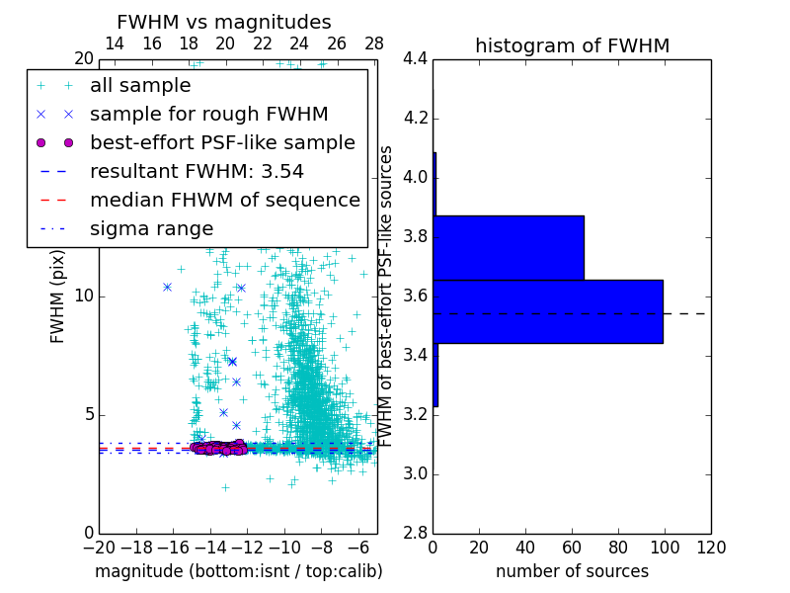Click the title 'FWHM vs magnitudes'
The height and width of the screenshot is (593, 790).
pos(223,22)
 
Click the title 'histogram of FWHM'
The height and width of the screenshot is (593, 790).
pos(572,45)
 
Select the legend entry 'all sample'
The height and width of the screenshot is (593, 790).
pos(140,86)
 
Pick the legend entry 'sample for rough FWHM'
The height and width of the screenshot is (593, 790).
pos(208,115)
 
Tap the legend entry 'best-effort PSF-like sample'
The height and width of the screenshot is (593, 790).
pos(222,143)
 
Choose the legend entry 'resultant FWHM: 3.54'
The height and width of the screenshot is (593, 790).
pos(197,172)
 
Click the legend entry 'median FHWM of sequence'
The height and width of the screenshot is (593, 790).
pos(224,201)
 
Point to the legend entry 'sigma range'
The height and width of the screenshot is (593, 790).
pos(151,229)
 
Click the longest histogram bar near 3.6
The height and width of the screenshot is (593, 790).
pos(548,311)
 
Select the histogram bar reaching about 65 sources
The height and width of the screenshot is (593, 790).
pos(509,247)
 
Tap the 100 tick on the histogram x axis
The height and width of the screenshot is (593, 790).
pos(665,548)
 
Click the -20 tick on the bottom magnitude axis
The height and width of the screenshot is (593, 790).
pos(99,548)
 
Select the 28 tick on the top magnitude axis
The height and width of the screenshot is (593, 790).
pos(374,43)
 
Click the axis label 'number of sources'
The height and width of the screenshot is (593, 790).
pos(572,571)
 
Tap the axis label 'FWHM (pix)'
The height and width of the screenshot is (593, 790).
pos(58,296)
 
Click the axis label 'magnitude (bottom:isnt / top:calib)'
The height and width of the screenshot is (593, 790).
pos(238,571)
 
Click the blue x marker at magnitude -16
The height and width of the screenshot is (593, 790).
pos(168,287)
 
